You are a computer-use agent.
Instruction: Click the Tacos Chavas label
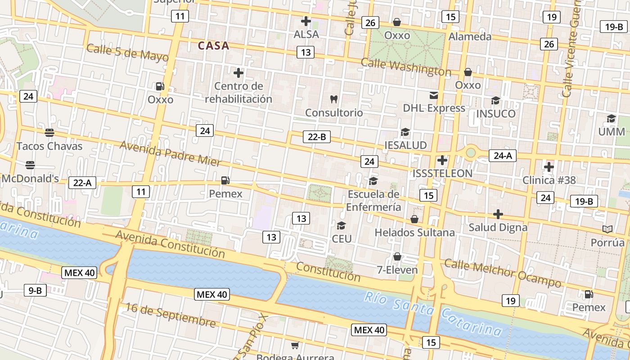pyautogui.click(x=49, y=146)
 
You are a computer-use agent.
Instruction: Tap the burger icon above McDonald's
pyautogui.click(x=30, y=165)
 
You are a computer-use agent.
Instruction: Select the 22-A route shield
pyautogui.click(x=82, y=183)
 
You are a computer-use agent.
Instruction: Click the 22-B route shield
pyautogui.click(x=317, y=137)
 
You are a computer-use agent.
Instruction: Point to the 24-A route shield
pyautogui.click(x=503, y=156)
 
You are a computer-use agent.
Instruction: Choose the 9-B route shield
pyautogui.click(x=35, y=290)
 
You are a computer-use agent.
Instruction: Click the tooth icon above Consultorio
pyautogui.click(x=334, y=99)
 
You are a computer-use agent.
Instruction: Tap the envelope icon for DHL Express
pyautogui.click(x=434, y=95)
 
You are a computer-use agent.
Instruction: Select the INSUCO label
pyautogui.click(x=495, y=114)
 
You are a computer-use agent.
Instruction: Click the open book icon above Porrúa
pyautogui.click(x=607, y=229)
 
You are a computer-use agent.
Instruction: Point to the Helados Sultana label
pyautogui.click(x=414, y=233)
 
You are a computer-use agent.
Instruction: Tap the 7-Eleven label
pyautogui.click(x=397, y=270)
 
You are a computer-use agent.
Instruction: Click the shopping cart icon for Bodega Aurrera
pyautogui.click(x=295, y=346)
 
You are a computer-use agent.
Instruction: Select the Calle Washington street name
pyautogui.click(x=406, y=67)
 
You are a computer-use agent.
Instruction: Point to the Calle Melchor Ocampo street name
pyautogui.click(x=503, y=273)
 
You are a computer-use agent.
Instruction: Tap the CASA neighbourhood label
pyautogui.click(x=214, y=46)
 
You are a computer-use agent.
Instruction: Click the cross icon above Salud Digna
pyautogui.click(x=498, y=214)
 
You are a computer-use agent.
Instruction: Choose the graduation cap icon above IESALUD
pyautogui.click(x=405, y=132)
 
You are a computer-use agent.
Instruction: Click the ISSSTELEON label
pyautogui.click(x=442, y=173)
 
